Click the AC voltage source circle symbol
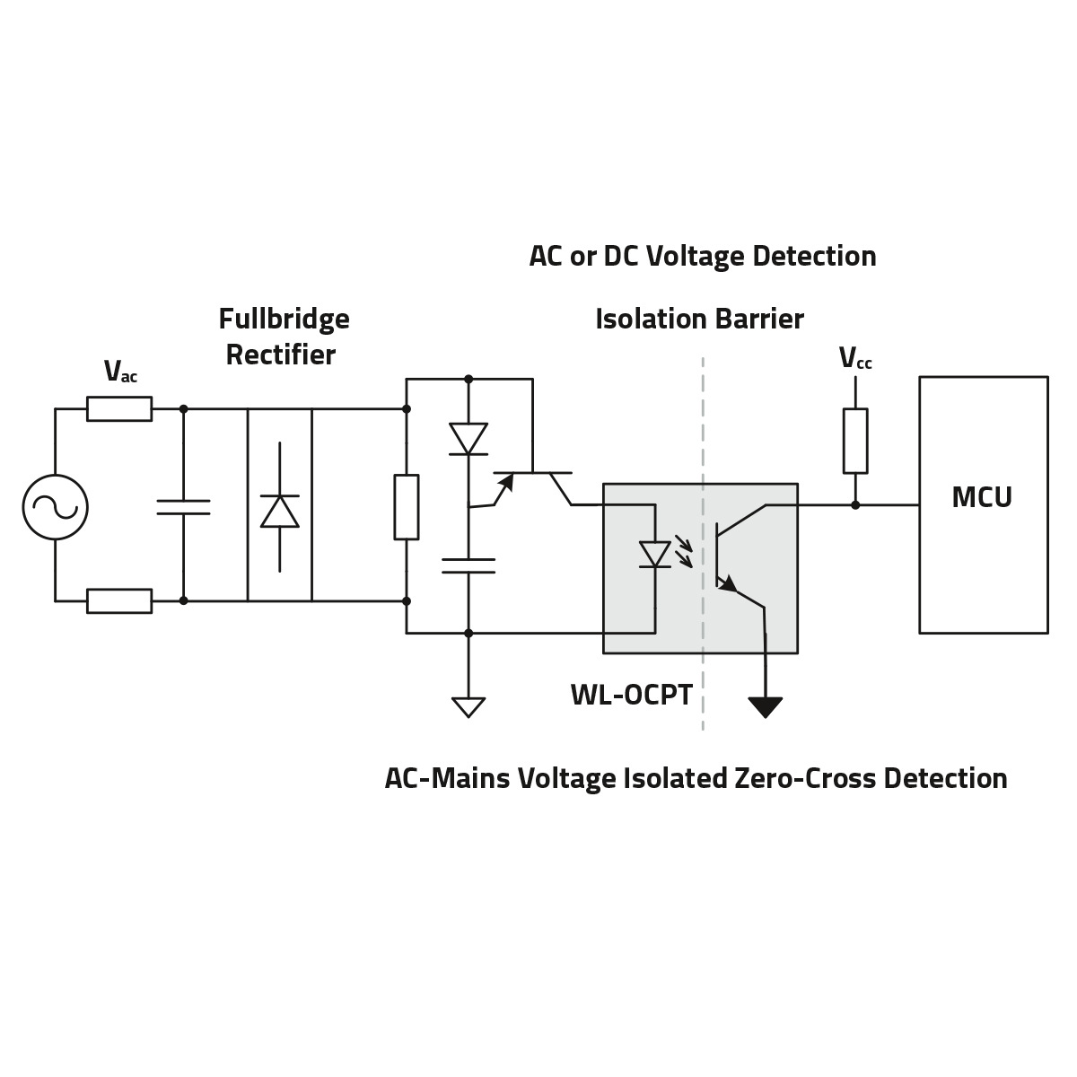pos(55,506)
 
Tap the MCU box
pos(983,504)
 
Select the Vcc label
pos(854,359)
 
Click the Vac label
pos(120,372)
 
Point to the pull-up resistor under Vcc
pos(854,441)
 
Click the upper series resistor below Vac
pos(119,409)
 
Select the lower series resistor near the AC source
pos(119,600)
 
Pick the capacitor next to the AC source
pos(183,507)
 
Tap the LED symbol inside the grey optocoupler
pos(655,554)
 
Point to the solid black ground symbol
pos(765,707)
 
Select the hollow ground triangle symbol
pos(468,707)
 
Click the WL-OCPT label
pos(631,695)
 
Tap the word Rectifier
pos(280,355)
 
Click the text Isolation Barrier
pos(699,320)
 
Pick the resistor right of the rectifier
pos(406,507)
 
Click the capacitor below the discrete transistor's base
pos(468,565)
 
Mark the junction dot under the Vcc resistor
pos(854,504)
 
